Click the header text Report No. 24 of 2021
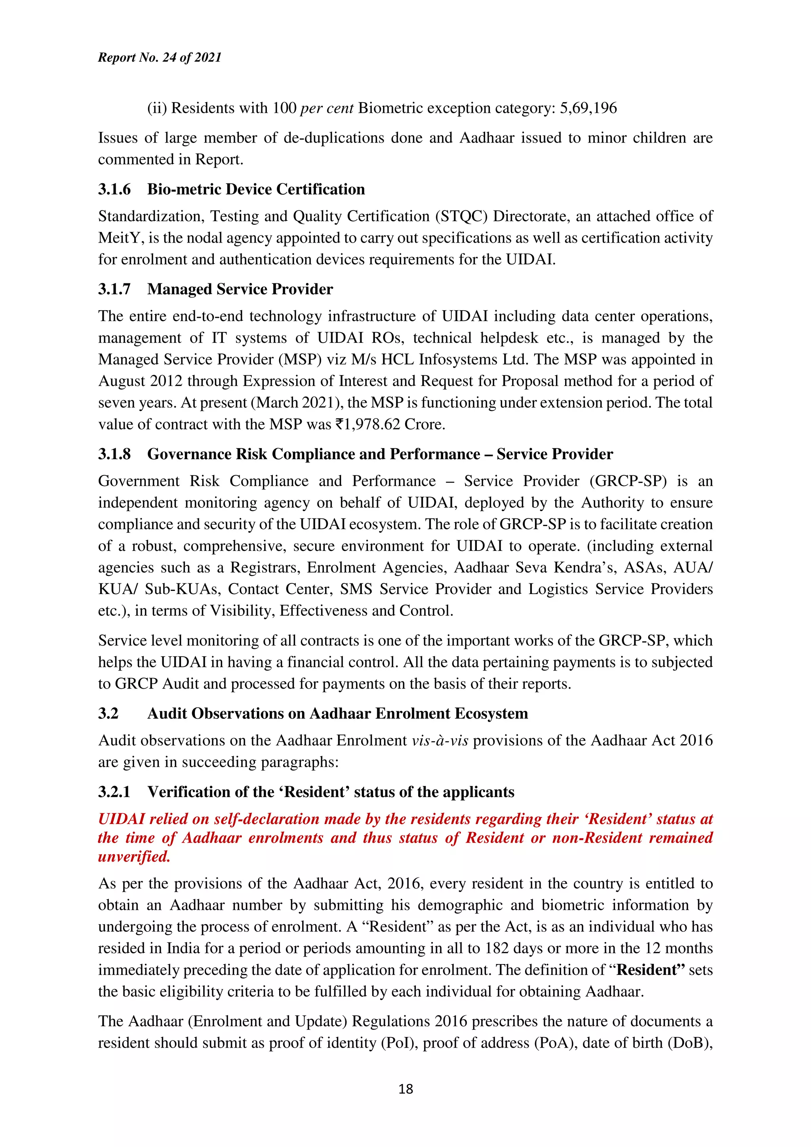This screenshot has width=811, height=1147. coord(160,57)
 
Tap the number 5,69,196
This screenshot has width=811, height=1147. coord(588,108)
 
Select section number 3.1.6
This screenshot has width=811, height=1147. coord(114,189)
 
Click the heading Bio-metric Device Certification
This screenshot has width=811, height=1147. coord(256,189)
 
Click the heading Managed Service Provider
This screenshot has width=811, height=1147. coord(240,289)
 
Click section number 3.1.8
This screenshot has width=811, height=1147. coord(114,454)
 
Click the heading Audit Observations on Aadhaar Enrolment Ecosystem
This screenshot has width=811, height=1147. coord(337,713)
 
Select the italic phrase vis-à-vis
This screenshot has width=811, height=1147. coord(440,741)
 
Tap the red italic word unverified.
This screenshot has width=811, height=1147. coord(134,857)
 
